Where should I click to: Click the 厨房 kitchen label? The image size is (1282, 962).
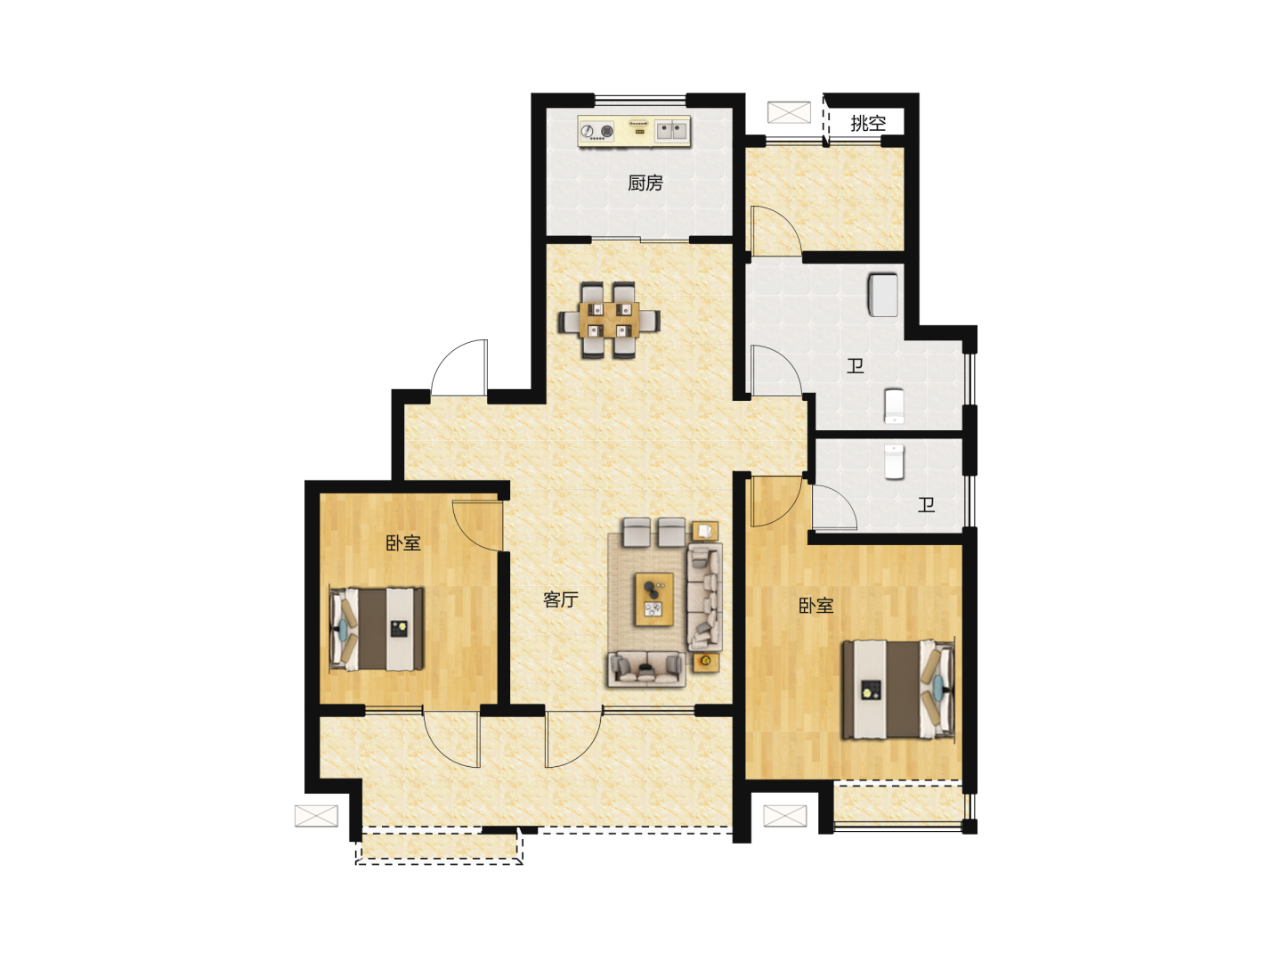tap(645, 183)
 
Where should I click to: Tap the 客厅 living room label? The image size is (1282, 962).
tap(560, 599)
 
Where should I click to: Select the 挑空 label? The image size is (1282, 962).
tap(867, 123)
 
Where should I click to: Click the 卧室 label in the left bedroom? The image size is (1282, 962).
tap(403, 542)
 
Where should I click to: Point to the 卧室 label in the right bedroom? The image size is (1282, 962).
tap(815, 605)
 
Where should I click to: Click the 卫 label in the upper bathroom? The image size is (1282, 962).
tap(855, 366)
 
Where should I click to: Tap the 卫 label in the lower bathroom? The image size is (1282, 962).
tap(926, 504)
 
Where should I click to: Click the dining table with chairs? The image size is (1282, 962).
tap(609, 320)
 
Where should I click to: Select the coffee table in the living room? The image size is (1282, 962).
tap(654, 599)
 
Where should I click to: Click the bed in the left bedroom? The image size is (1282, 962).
tap(377, 629)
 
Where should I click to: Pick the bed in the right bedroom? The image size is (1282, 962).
tap(897, 689)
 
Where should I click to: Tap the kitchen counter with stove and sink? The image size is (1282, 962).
tap(634, 132)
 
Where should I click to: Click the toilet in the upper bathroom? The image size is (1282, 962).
tap(894, 406)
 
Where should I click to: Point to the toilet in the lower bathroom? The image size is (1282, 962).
tap(894, 461)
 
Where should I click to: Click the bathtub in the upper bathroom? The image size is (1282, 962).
tap(883, 295)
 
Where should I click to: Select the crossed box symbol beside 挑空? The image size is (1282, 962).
tap(789, 112)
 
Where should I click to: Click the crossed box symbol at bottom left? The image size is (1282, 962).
tap(316, 815)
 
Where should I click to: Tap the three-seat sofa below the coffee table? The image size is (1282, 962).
tap(646, 669)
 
